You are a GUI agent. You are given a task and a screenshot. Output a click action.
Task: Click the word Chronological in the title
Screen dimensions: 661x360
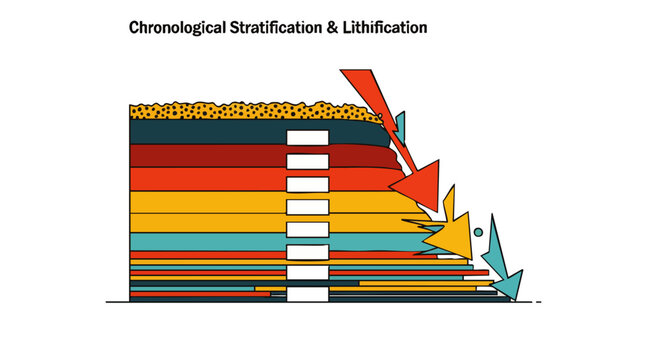[x=175, y=28]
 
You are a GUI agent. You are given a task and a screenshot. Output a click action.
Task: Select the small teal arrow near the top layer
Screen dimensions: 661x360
[x=400, y=126]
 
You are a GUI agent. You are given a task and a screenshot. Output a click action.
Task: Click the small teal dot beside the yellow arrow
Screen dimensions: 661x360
[x=478, y=232]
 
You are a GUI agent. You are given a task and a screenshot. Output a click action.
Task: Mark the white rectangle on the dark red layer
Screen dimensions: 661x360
[x=307, y=161]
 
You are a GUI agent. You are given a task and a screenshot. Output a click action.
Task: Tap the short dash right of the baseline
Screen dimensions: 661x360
[x=538, y=301]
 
